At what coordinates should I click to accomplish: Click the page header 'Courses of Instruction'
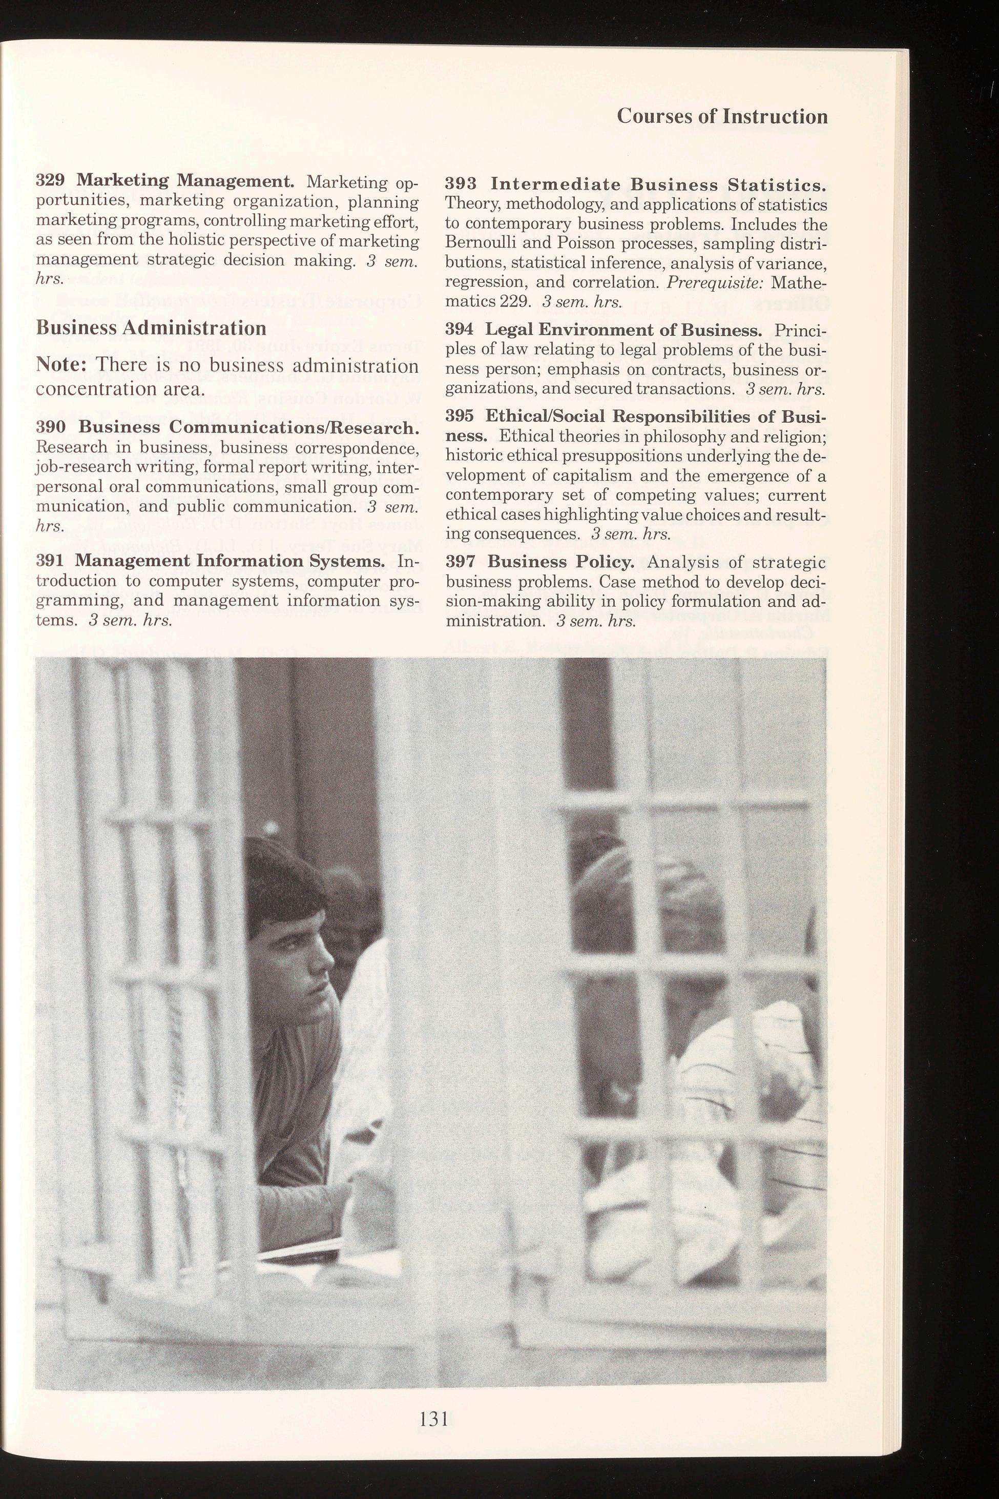click(722, 117)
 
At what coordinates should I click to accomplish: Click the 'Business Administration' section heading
click(151, 328)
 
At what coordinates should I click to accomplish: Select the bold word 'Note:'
click(62, 366)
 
